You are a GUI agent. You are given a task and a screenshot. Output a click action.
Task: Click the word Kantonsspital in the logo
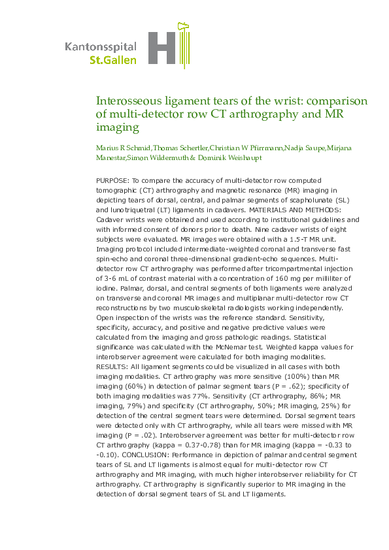click(101, 47)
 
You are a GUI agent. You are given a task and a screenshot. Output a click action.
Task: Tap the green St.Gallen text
click(113, 59)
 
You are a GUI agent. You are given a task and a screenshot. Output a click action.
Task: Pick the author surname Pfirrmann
click(262, 150)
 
